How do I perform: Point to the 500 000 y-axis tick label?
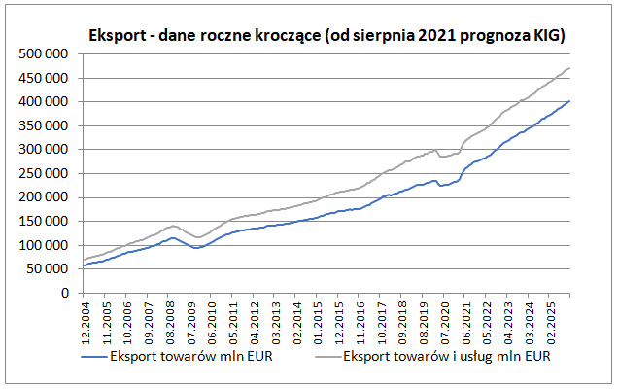pos(43,53)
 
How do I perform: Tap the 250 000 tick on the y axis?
pos(43,173)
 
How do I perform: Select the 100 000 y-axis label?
pos(43,245)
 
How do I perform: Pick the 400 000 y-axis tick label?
pos(43,101)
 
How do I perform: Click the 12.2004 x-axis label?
pos(86,322)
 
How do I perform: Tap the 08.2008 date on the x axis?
pos(171,322)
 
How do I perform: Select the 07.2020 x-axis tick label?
pos(446,322)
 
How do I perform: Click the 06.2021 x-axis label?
pos(467,322)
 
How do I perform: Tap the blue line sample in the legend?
pos(94,356)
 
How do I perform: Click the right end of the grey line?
pos(569,68)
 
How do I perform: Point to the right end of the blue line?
pos(569,101)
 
